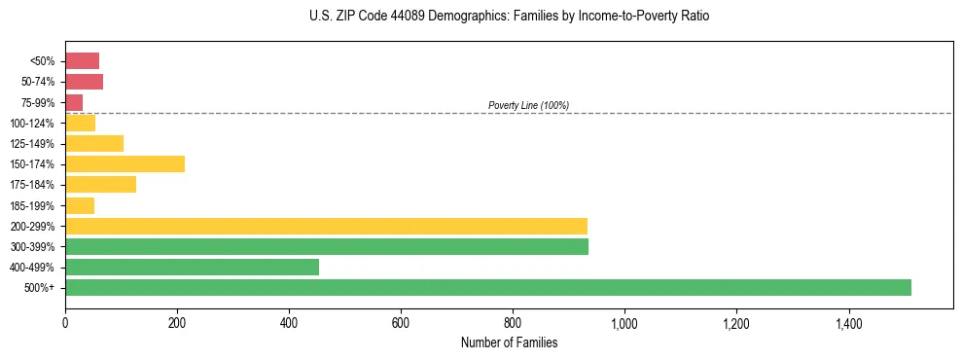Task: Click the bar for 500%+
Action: [x=487, y=287]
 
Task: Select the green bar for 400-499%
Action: [x=192, y=267]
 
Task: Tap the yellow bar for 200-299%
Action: [x=326, y=226]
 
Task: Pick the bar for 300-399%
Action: [x=327, y=246]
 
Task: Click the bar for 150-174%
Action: [x=125, y=163]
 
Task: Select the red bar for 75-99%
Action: [x=74, y=102]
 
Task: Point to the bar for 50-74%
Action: [x=84, y=82]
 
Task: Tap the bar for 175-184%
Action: [x=100, y=185]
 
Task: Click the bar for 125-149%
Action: [x=94, y=143]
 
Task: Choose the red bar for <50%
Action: [x=82, y=61]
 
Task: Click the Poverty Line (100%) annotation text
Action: [x=528, y=105]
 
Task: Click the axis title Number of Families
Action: [x=509, y=342]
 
